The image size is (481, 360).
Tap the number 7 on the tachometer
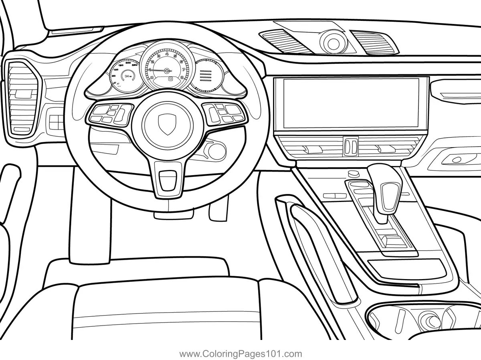click(x=183, y=69)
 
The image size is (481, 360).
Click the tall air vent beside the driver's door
click(x=21, y=98)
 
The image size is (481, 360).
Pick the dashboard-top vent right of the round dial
click(x=374, y=42)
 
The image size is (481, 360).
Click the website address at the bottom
click(x=240, y=354)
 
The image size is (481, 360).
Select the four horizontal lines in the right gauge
click(x=206, y=75)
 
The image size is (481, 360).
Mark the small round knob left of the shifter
click(x=353, y=173)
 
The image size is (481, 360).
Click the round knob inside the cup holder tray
click(x=429, y=321)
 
